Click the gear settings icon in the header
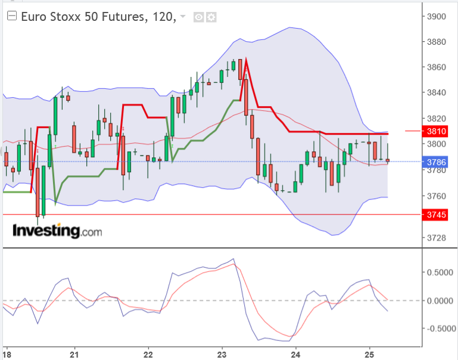pos(211,17)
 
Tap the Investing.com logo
pos(57,231)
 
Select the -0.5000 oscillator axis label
pos(439,328)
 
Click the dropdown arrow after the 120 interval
pos(182,17)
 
